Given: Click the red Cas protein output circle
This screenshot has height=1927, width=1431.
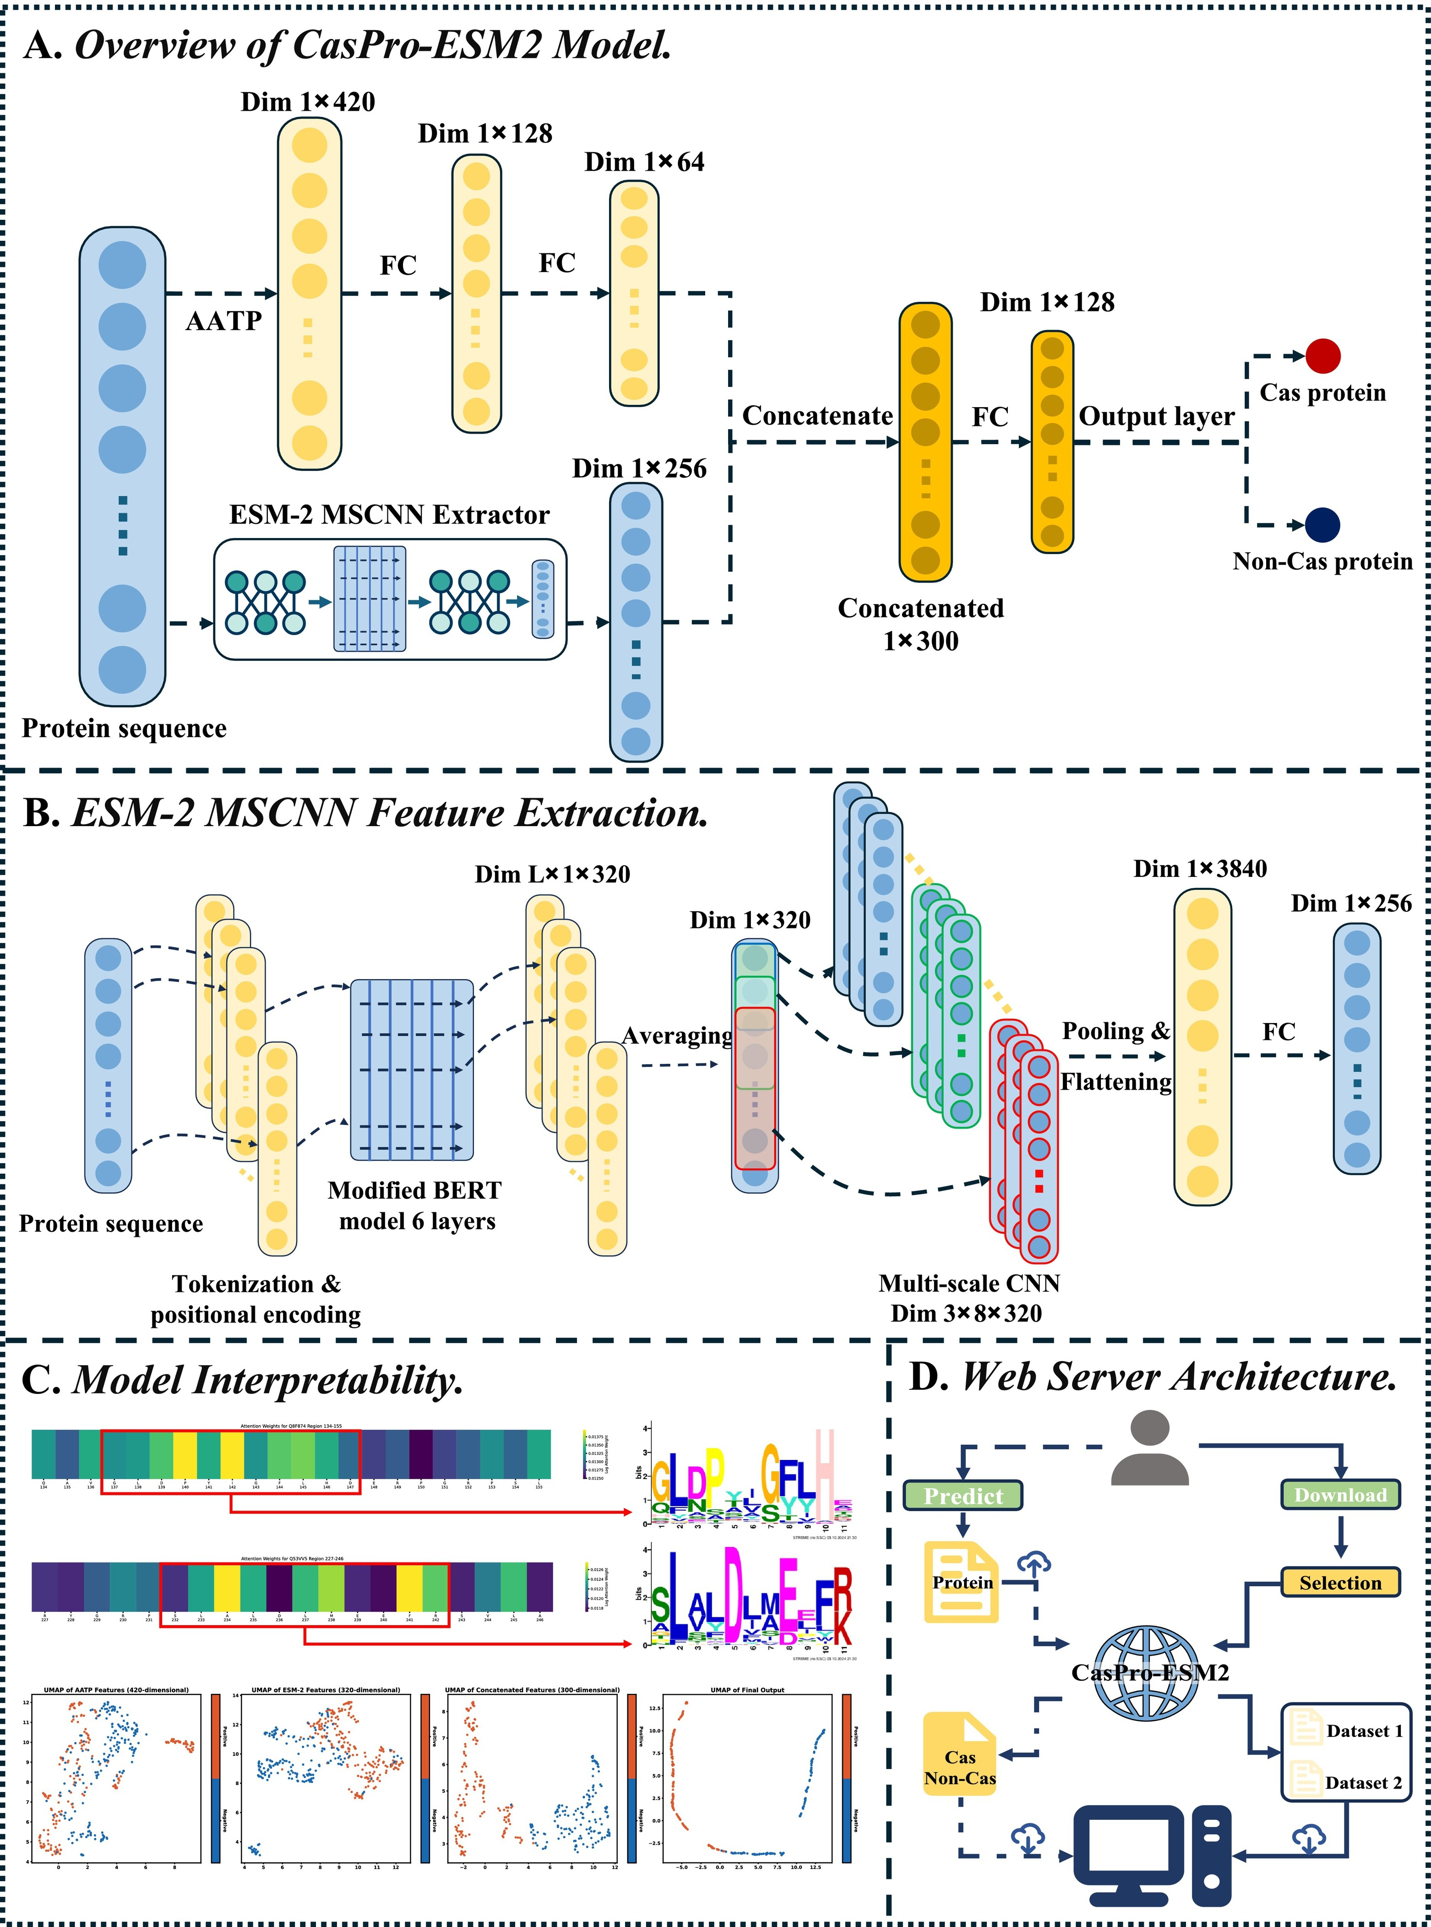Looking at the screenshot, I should tap(1323, 355).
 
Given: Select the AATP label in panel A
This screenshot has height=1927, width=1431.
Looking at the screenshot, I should tap(223, 321).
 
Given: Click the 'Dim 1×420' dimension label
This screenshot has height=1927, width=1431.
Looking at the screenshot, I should tap(308, 102).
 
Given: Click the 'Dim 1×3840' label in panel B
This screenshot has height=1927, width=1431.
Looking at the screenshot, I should tap(1200, 869).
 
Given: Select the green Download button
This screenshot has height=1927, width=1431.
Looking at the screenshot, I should tap(1340, 1495).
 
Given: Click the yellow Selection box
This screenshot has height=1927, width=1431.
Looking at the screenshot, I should tap(1340, 1582).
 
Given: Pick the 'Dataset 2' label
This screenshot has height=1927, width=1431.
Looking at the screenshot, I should tap(1363, 1782).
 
